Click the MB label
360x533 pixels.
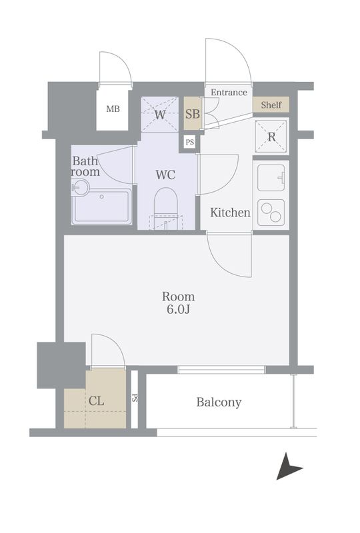click(x=113, y=109)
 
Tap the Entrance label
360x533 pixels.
click(x=229, y=92)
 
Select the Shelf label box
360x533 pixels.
click(x=271, y=105)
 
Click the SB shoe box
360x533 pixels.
click(x=192, y=113)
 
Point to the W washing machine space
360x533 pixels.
click(x=160, y=114)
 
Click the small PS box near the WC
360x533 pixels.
click(x=190, y=142)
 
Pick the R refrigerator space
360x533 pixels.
click(x=271, y=137)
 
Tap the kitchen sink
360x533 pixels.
click(x=271, y=177)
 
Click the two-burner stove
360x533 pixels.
click(x=271, y=213)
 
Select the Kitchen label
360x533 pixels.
click(x=230, y=213)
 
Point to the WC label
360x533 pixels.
click(x=165, y=175)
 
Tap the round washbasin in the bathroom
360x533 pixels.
click(x=81, y=187)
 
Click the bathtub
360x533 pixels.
click(x=102, y=207)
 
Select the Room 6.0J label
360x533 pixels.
click(x=178, y=302)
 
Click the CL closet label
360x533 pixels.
click(x=96, y=401)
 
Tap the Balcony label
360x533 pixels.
click(x=219, y=402)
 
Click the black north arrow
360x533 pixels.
click(x=288, y=466)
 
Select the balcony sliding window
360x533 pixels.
click(x=221, y=370)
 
